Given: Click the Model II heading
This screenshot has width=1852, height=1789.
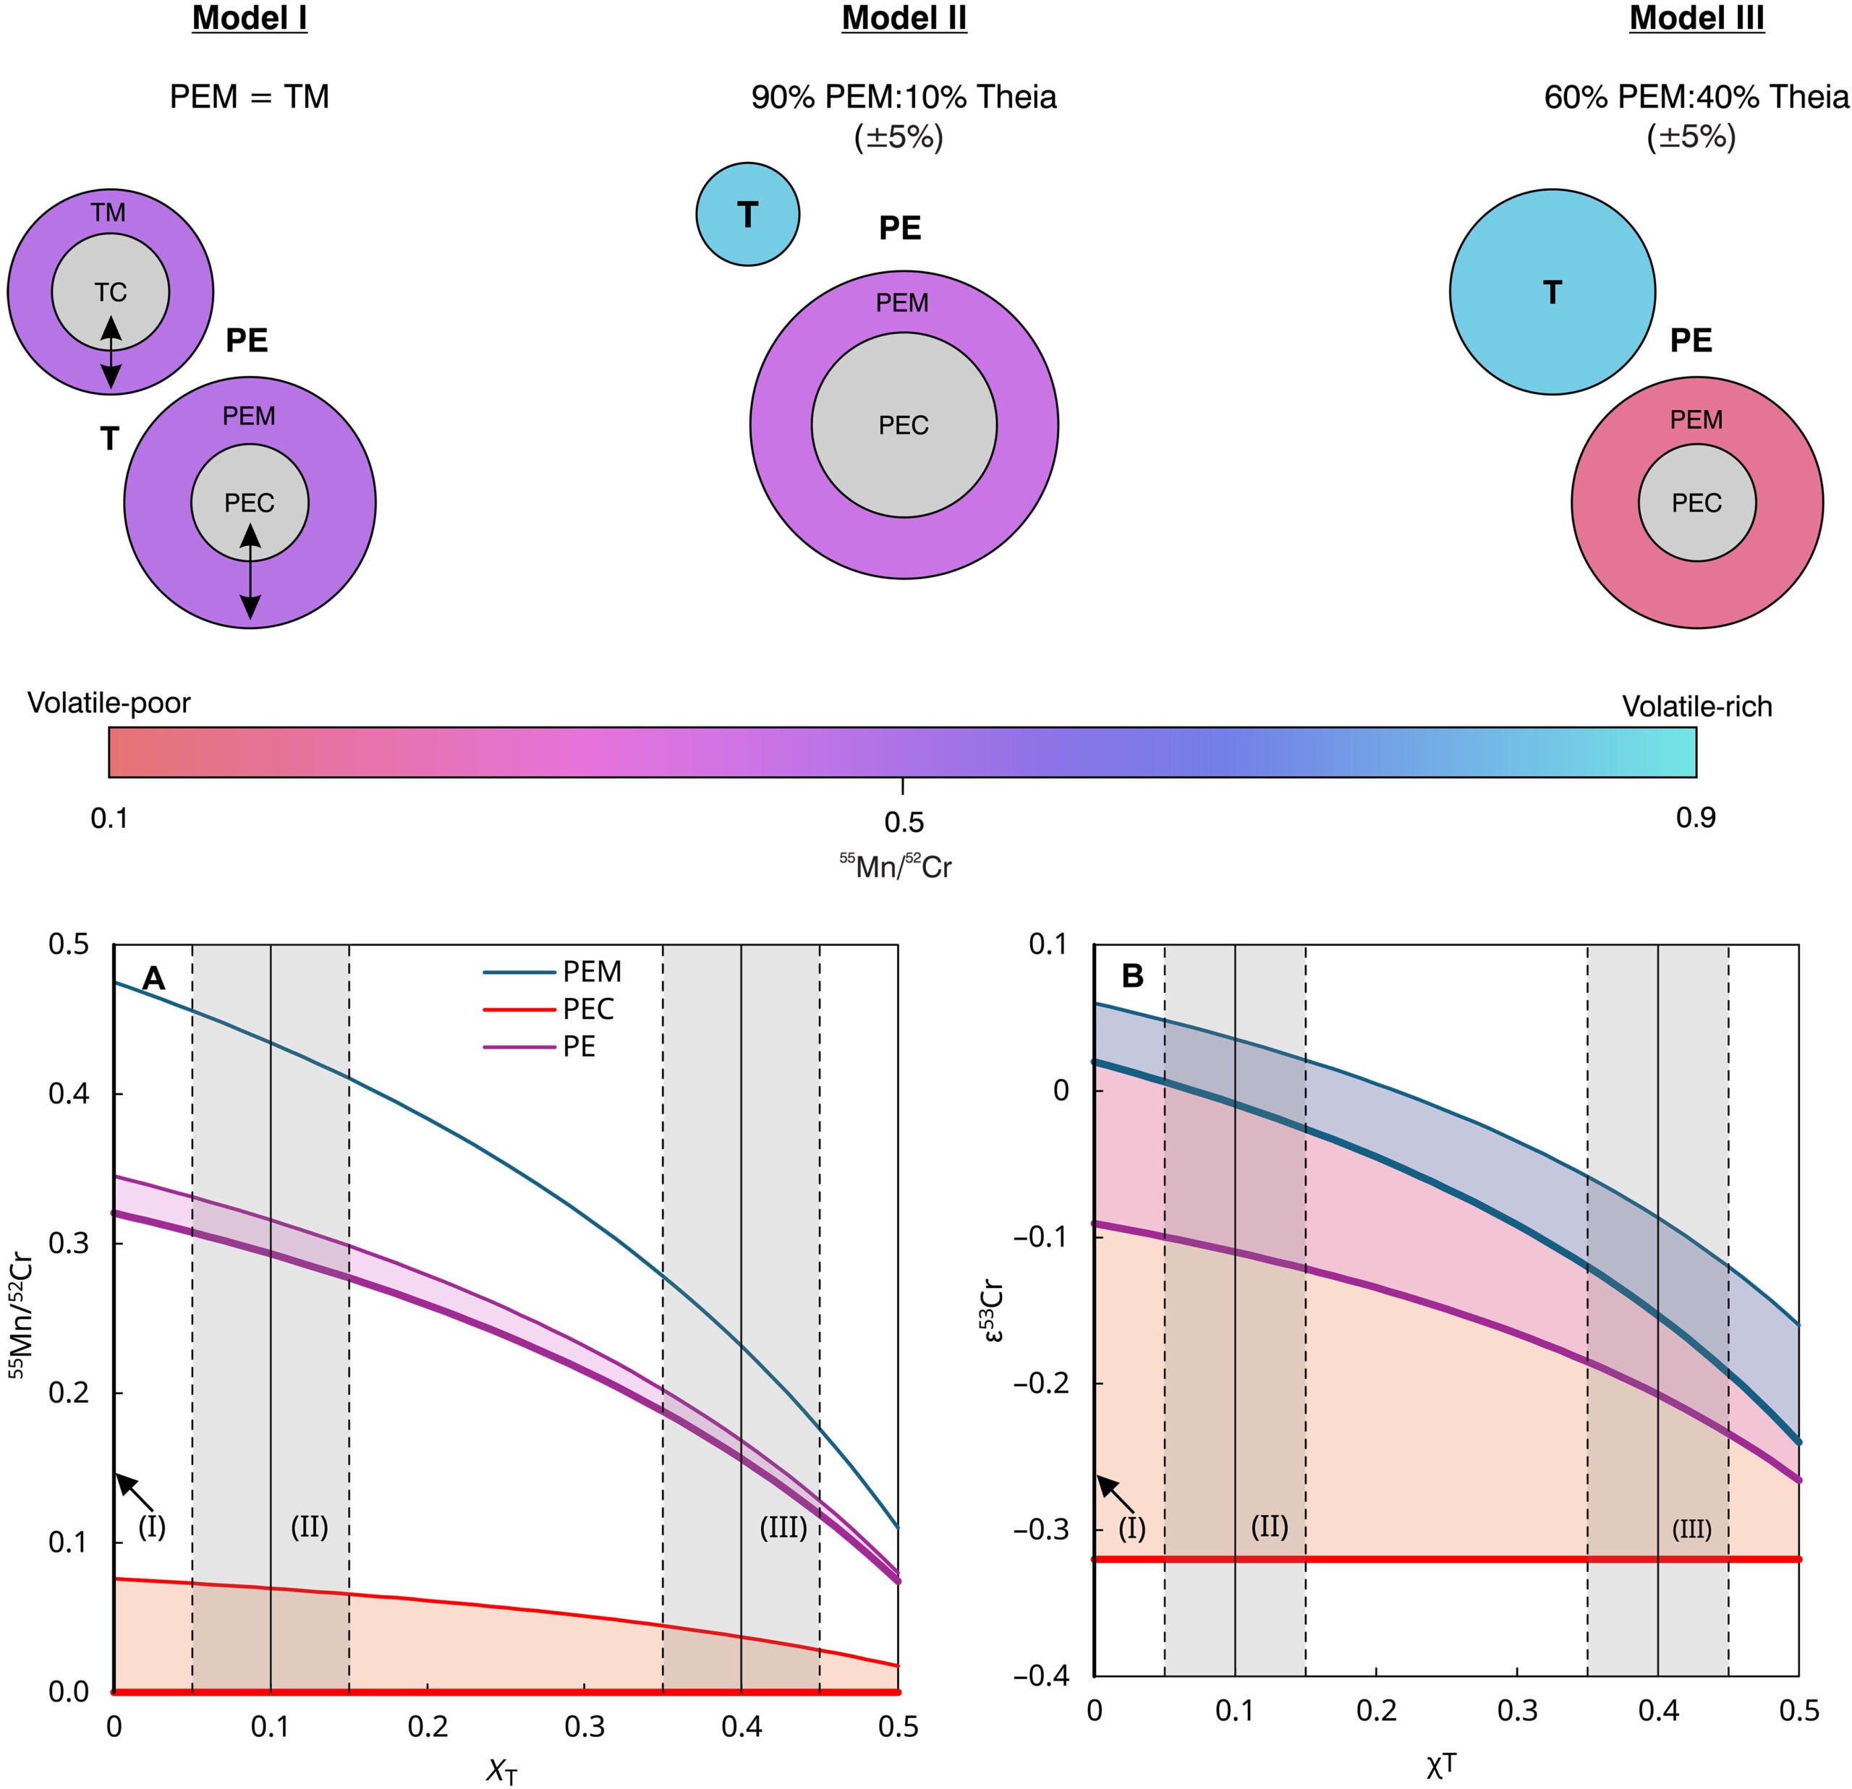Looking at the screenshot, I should [904, 19].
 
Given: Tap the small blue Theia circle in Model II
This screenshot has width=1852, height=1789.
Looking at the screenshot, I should [747, 215].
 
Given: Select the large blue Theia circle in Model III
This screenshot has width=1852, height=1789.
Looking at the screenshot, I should [1552, 292].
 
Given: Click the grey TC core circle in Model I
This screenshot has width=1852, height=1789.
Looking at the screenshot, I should [111, 274].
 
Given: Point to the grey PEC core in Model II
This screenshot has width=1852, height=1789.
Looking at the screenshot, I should [904, 425].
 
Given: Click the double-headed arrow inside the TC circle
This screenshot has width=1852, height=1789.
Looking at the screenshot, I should [111, 352].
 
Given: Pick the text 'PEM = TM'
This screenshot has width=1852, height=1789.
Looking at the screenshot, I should [250, 96].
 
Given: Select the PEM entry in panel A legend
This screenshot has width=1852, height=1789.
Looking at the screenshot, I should [592, 971].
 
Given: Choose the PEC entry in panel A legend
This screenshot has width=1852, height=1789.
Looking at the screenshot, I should [587, 1009].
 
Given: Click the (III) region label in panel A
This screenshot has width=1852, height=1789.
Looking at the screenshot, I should [783, 1527].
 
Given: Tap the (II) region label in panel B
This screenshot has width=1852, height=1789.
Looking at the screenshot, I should [1269, 1527].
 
